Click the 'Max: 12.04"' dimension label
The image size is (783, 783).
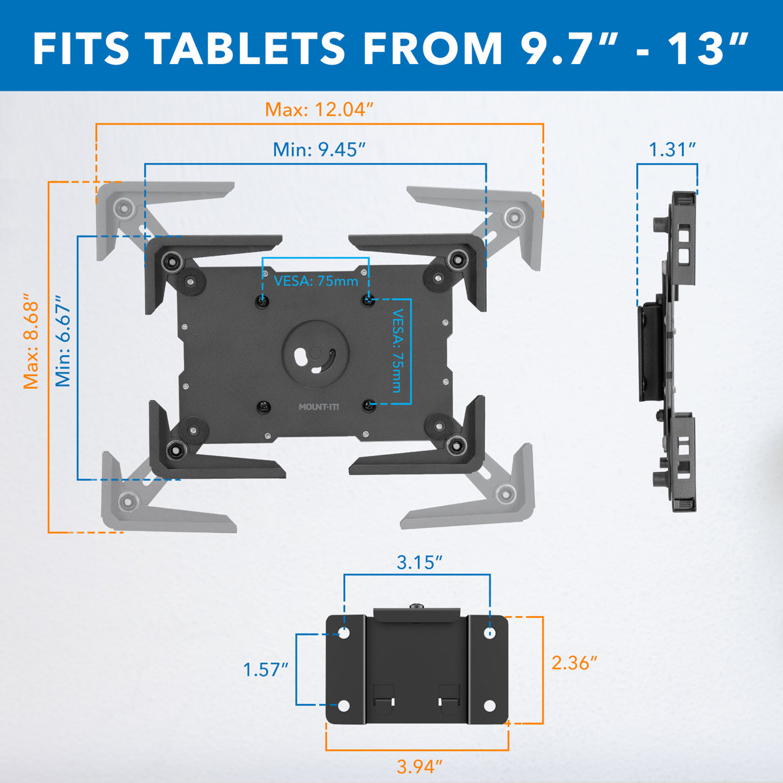320,110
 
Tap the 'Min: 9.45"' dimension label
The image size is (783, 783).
318,149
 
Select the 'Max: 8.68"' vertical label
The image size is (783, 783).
31,343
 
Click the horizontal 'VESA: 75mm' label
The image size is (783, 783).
316,281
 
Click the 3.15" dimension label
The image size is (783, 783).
420,562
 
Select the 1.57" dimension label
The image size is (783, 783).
266,669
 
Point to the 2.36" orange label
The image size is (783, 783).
575,663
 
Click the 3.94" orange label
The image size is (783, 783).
420,766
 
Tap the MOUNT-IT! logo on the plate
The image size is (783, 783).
319,407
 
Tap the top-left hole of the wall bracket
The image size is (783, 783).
344,632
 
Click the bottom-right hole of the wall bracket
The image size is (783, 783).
491,705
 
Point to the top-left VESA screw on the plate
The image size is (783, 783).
262,301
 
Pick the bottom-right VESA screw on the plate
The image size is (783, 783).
369,406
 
